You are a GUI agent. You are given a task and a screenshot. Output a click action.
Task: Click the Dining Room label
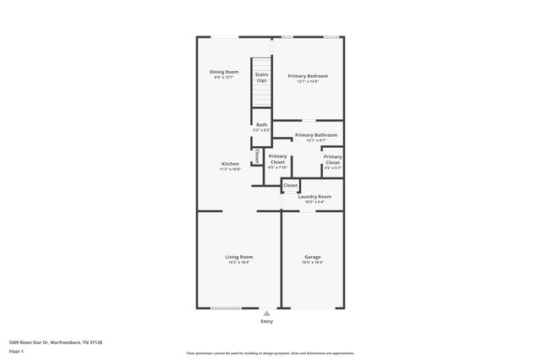(x=224, y=72)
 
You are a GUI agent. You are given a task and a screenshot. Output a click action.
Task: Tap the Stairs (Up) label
(x=261, y=78)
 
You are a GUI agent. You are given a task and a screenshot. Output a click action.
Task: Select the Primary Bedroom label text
(x=308, y=76)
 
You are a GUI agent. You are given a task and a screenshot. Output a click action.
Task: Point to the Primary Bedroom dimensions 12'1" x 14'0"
(x=308, y=82)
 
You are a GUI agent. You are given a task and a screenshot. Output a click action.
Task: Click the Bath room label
(x=261, y=125)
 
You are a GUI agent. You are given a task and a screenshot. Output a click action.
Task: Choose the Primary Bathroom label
(x=316, y=135)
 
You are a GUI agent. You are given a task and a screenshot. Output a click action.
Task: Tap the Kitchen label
(x=230, y=163)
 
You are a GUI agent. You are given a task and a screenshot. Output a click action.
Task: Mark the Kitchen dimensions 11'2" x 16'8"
(x=230, y=169)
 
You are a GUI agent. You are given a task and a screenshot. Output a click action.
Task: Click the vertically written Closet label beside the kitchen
(x=257, y=156)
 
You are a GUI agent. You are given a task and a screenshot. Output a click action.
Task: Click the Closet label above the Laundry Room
(x=290, y=185)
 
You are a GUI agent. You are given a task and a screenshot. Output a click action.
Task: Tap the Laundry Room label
(x=314, y=196)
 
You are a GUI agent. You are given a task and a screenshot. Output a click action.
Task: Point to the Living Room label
(x=238, y=257)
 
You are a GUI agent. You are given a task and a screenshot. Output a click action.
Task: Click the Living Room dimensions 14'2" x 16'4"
(x=238, y=263)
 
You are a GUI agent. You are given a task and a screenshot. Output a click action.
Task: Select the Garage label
(x=313, y=257)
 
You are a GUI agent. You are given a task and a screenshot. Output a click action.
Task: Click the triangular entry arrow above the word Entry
(x=267, y=313)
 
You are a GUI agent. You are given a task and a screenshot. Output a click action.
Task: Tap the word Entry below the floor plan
(x=267, y=322)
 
